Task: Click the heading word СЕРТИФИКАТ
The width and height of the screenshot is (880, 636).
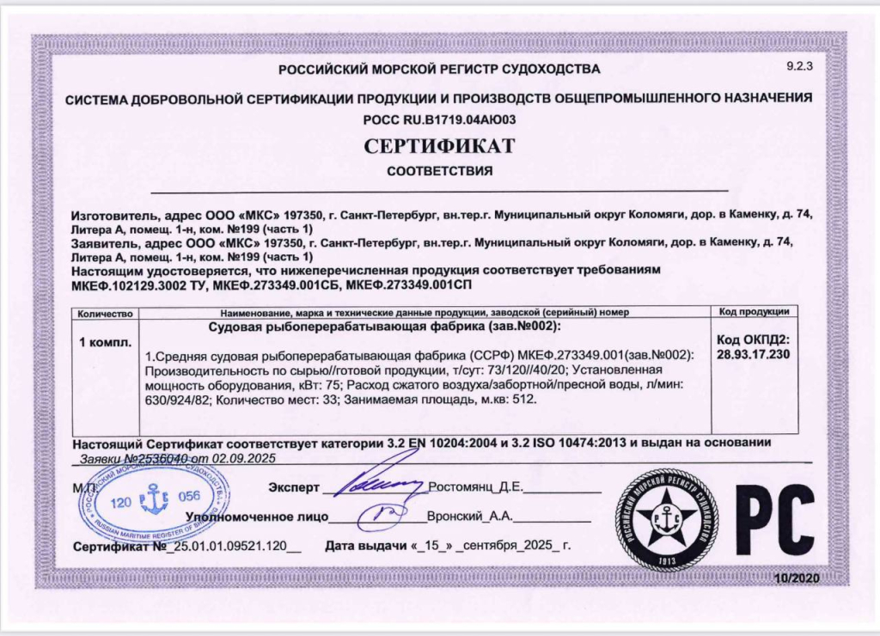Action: pos(439,145)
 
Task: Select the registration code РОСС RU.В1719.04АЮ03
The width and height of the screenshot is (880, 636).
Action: pos(439,119)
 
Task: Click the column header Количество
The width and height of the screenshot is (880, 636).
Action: pos(106,312)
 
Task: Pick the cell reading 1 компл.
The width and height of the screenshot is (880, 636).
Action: pos(106,342)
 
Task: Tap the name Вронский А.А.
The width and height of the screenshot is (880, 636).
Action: pos(465,517)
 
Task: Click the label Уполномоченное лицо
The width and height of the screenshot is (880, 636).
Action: pos(257,517)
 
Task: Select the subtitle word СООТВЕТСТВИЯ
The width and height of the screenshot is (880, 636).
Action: pos(439,171)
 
